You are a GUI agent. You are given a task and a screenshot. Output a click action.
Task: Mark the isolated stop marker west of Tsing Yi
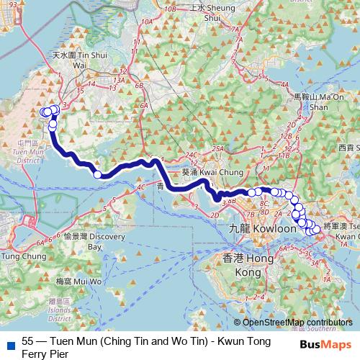tap(97, 174)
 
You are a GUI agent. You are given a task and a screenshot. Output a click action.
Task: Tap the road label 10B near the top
tap(170, 9)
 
